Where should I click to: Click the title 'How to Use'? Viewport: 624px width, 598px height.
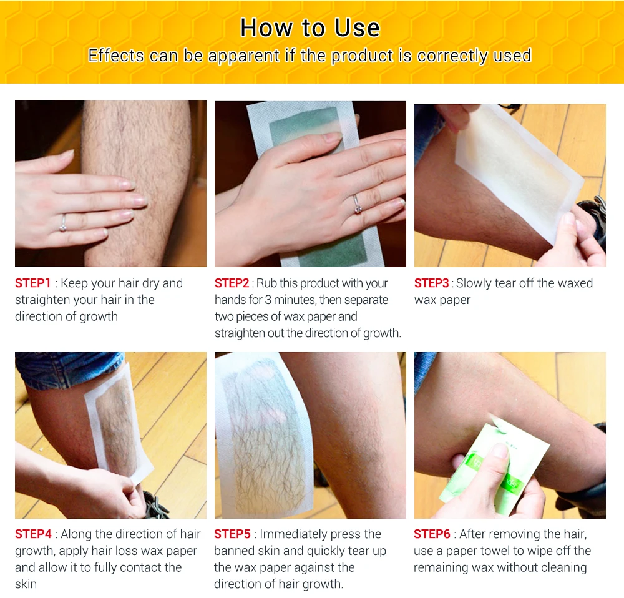(310, 28)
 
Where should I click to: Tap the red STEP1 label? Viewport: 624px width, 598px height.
(33, 283)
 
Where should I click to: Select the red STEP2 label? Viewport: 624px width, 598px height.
(232, 283)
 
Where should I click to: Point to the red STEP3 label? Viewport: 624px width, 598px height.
(432, 283)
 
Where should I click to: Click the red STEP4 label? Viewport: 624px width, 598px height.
(34, 534)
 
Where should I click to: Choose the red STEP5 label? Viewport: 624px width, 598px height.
(232, 534)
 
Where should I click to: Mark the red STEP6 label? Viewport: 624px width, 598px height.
(432, 534)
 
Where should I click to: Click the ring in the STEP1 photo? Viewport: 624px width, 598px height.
(63, 223)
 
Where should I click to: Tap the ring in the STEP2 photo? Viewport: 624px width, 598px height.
(358, 205)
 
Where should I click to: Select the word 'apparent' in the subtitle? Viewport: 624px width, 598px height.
(243, 56)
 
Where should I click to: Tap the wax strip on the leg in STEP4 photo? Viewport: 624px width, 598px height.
(119, 422)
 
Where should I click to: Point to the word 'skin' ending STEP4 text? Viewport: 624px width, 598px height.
(26, 584)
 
